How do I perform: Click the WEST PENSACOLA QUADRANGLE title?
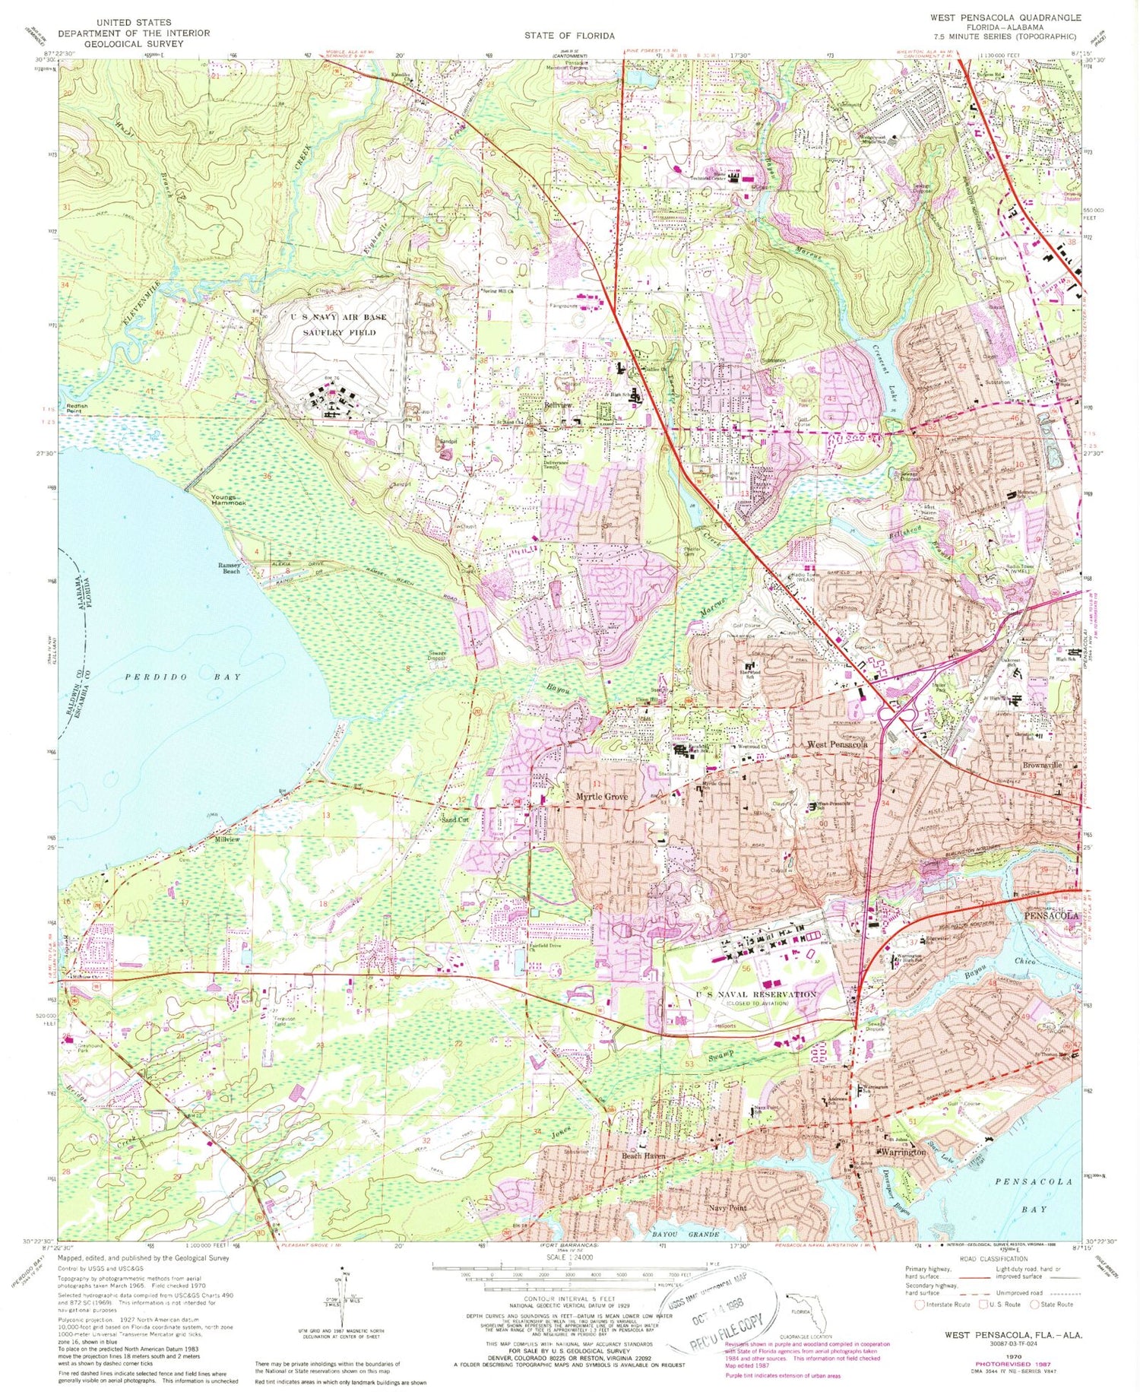tap(1004, 16)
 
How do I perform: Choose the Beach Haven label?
tap(644, 1156)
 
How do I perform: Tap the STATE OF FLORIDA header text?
tap(568, 36)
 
